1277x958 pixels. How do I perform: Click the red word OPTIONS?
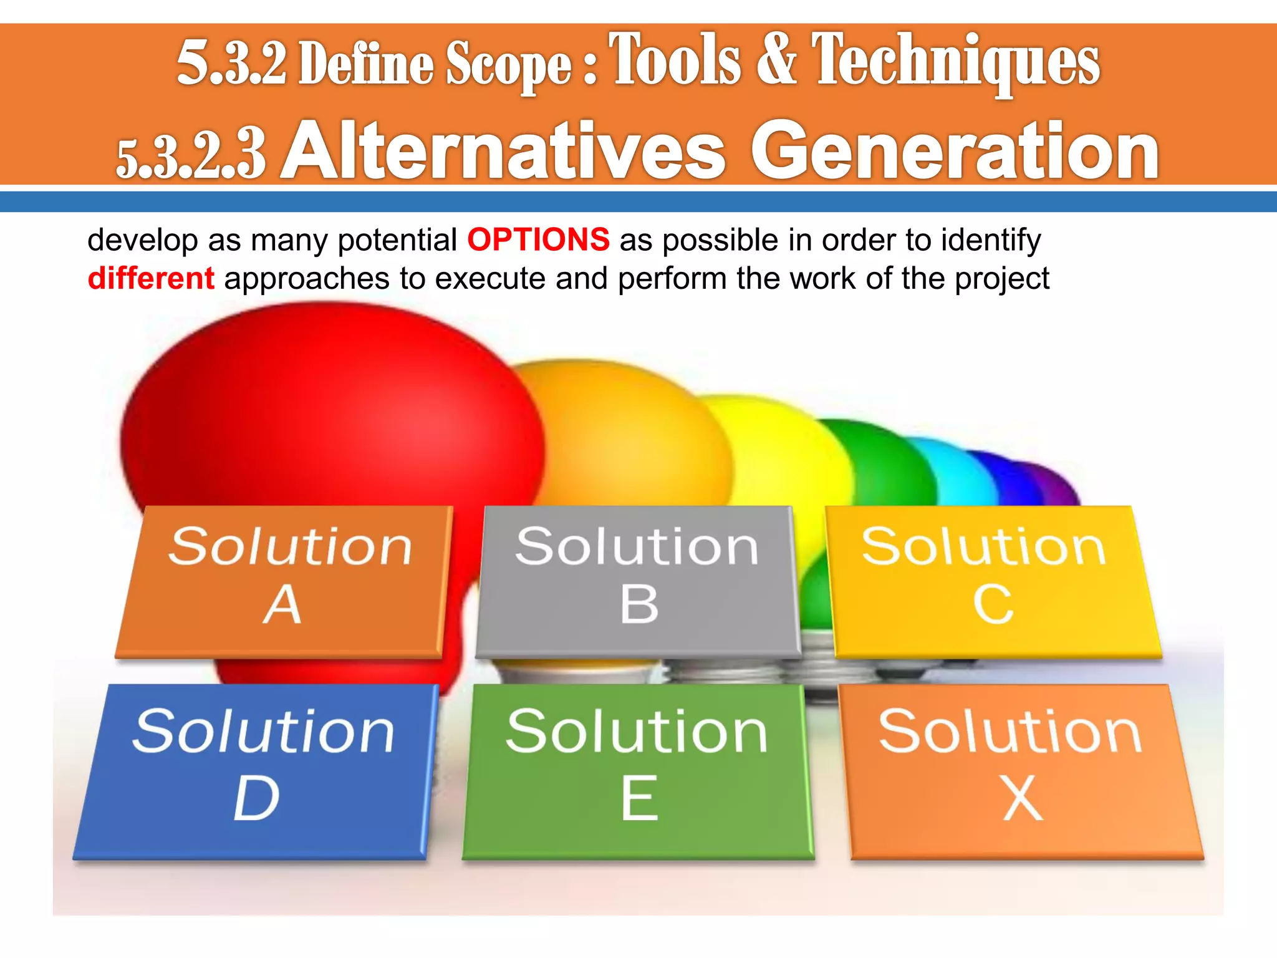[x=538, y=240]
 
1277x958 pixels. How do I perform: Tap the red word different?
[x=151, y=278]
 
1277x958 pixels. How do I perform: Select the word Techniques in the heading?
[x=955, y=61]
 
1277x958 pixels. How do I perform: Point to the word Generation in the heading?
[x=954, y=152]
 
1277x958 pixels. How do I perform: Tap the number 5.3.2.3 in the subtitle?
[x=191, y=157]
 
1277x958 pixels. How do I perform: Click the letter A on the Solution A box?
[x=282, y=605]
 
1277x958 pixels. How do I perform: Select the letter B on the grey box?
[x=638, y=605]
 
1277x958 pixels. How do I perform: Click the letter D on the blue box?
[x=256, y=799]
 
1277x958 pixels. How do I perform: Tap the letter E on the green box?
[x=639, y=799]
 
